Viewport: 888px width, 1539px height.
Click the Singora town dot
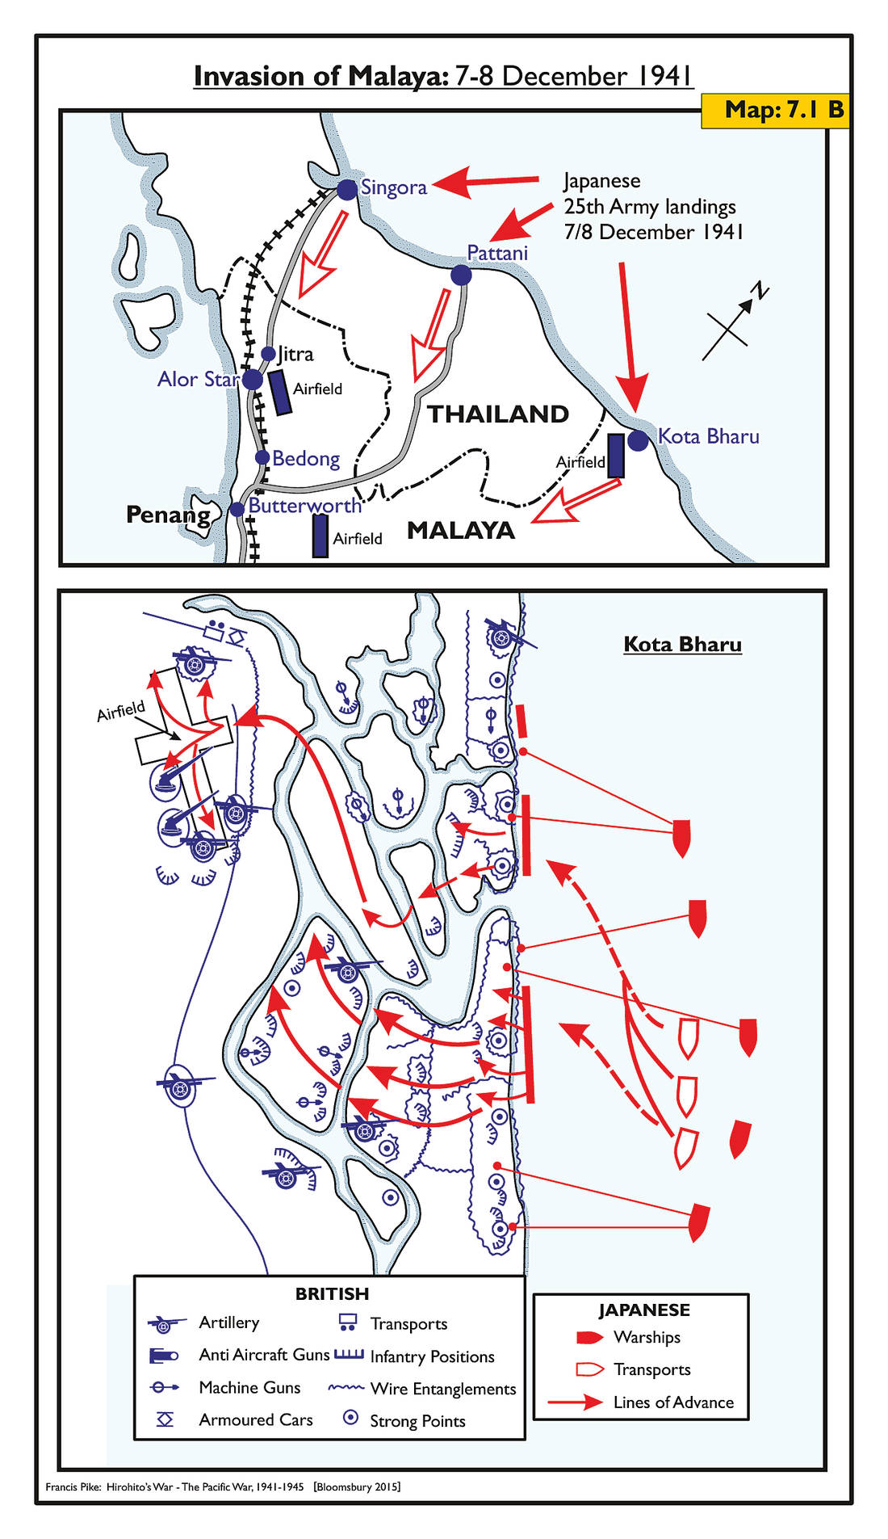point(347,190)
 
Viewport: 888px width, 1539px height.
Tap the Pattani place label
point(497,253)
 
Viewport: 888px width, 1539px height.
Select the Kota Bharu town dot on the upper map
point(638,440)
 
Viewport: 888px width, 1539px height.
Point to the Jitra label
point(295,354)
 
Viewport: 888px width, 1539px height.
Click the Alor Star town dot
point(253,379)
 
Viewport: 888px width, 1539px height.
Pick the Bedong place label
point(306,458)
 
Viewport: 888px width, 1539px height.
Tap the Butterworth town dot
point(237,509)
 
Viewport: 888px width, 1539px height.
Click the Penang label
point(168,515)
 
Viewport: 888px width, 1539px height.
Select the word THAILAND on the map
point(498,414)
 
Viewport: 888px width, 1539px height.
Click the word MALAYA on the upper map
point(461,531)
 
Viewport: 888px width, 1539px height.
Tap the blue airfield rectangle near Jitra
point(280,392)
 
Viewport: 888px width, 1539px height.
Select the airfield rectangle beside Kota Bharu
point(615,456)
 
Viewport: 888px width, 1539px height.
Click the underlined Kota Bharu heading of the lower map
point(682,645)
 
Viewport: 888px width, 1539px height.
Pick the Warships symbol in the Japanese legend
point(589,1337)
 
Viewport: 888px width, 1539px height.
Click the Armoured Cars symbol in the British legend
point(165,1419)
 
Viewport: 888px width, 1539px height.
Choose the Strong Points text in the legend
point(417,1421)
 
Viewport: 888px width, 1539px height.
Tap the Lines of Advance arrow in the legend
point(575,1402)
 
